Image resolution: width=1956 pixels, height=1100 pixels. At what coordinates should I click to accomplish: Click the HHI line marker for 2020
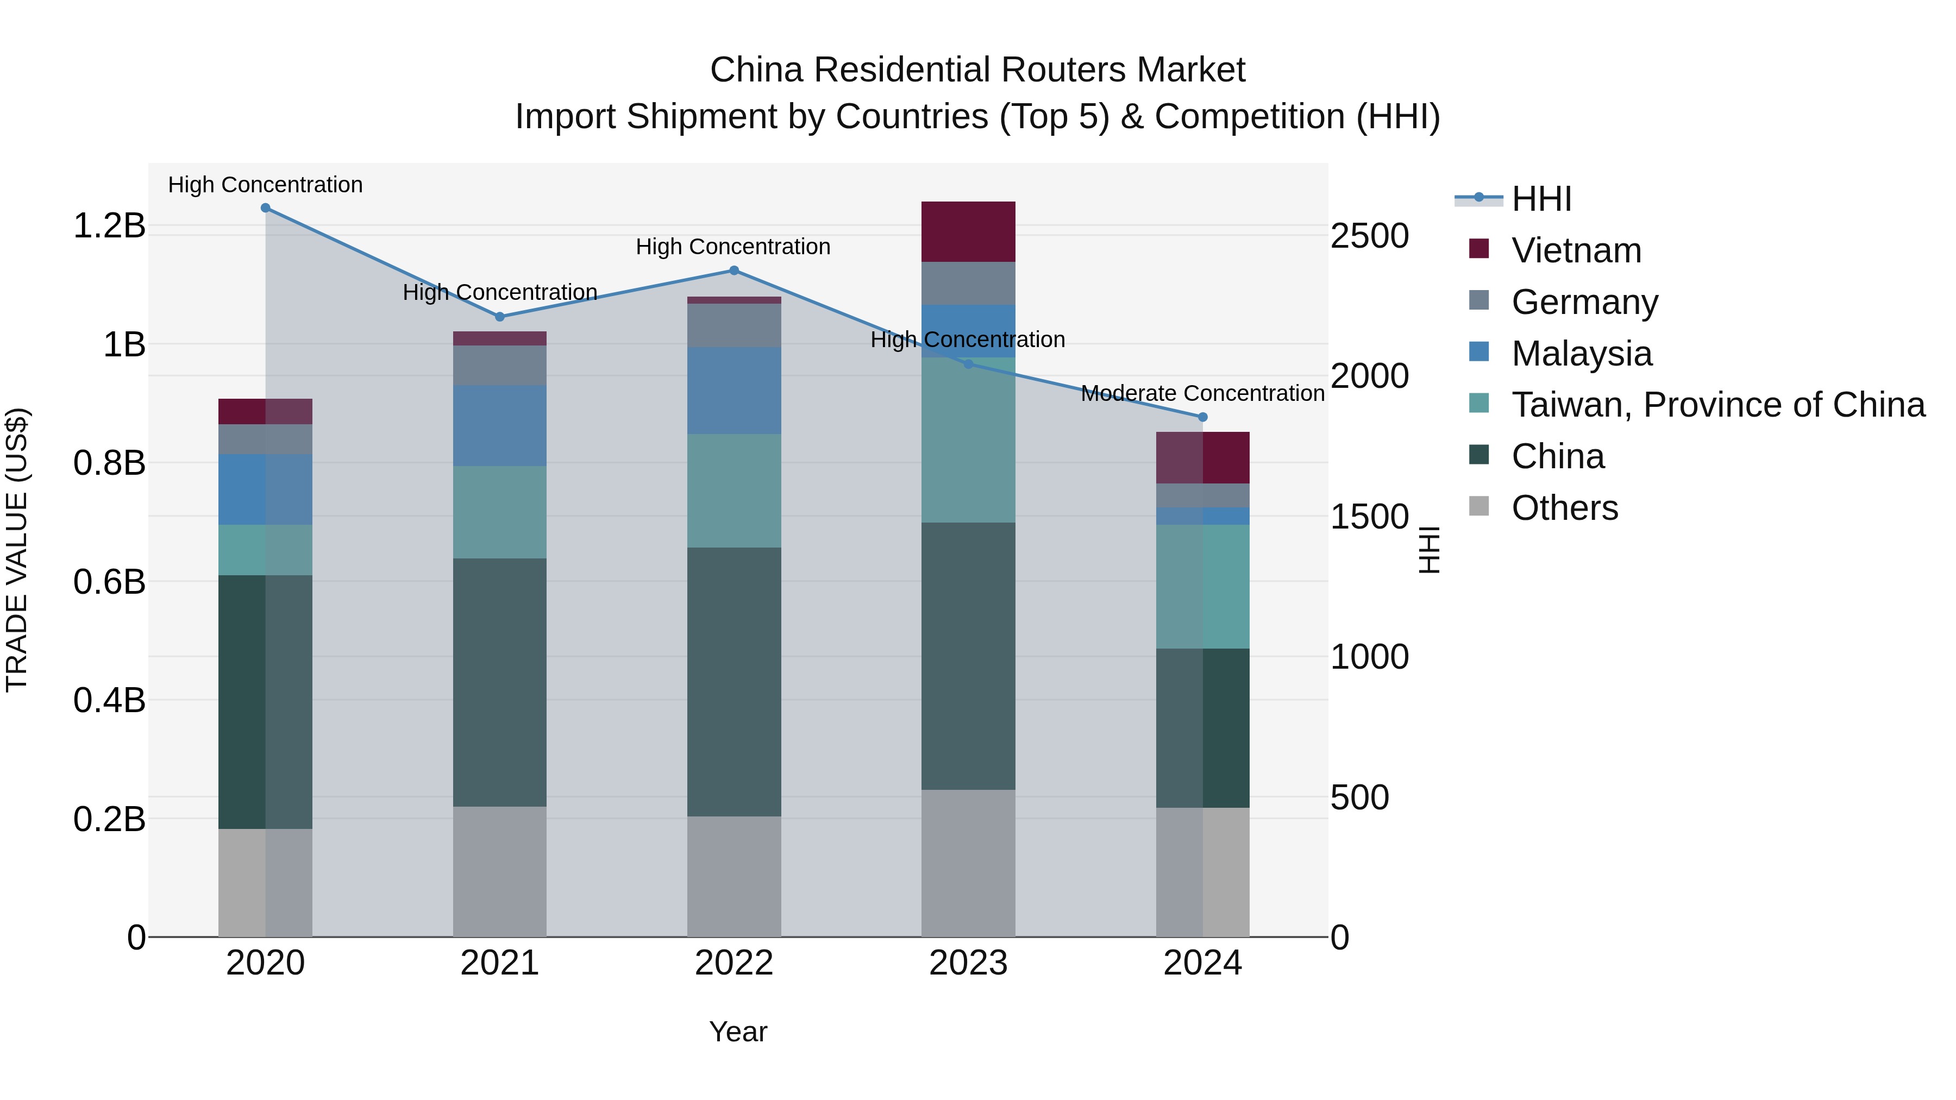click(265, 208)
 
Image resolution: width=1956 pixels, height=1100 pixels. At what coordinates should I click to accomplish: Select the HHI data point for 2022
click(733, 271)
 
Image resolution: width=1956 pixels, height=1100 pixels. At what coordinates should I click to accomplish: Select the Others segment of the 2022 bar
click(733, 876)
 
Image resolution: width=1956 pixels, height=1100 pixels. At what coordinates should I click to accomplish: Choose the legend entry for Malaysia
click(1581, 354)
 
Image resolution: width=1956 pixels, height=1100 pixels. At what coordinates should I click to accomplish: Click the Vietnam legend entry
click(1576, 250)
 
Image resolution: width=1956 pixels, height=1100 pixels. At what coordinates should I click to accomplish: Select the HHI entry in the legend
click(1541, 199)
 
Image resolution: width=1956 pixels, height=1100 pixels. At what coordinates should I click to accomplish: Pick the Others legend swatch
click(1478, 506)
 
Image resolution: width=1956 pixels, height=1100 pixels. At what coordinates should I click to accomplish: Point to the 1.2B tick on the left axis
click(109, 225)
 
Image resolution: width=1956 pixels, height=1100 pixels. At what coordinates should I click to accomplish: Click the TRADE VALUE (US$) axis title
click(17, 550)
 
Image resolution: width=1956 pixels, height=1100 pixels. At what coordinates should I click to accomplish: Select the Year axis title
click(737, 1032)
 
